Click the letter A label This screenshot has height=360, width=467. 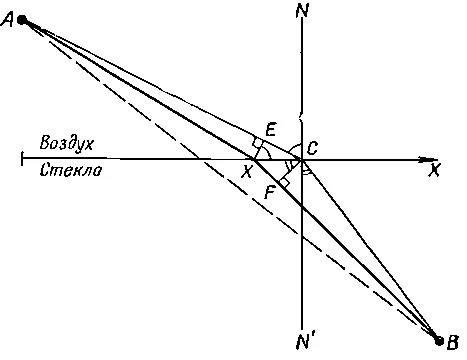pyautogui.click(x=7, y=20)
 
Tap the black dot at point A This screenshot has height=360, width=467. pyautogui.click(x=22, y=20)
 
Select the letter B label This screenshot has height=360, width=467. pyautogui.click(x=452, y=342)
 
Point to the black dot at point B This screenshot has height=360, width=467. pyautogui.click(x=440, y=341)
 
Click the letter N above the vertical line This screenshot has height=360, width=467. pyautogui.click(x=302, y=11)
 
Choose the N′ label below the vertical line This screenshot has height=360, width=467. pyautogui.click(x=304, y=342)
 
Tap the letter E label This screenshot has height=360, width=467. pyautogui.click(x=271, y=130)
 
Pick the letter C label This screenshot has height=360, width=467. pyautogui.click(x=312, y=148)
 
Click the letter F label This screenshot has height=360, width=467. pyautogui.click(x=269, y=193)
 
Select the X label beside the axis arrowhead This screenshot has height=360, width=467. pyautogui.click(x=434, y=170)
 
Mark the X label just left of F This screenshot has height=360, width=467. pyautogui.click(x=246, y=172)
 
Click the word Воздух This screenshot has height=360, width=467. pyautogui.click(x=67, y=144)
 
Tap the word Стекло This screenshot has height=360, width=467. pyautogui.click(x=71, y=170)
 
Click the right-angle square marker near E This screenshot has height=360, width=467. pyautogui.click(x=258, y=143)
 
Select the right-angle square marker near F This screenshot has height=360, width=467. pyautogui.click(x=284, y=183)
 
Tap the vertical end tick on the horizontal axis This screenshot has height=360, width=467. pyautogui.click(x=22, y=158)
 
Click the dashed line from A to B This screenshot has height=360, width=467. pyautogui.click(x=231, y=181)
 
